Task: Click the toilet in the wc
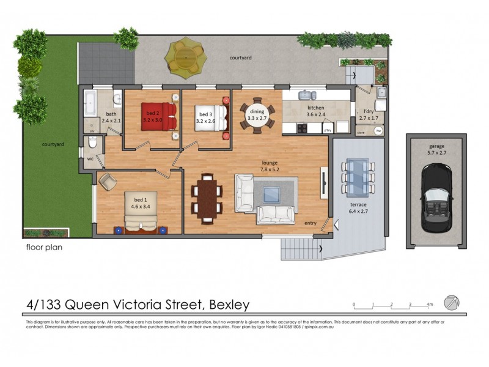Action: [92, 145]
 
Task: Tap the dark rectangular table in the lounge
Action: [207, 198]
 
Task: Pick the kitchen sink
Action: [306, 95]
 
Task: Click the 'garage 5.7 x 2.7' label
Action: [436, 150]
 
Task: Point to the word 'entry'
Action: [311, 224]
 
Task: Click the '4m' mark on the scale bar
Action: [430, 304]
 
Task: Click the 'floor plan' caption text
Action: [44, 248]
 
